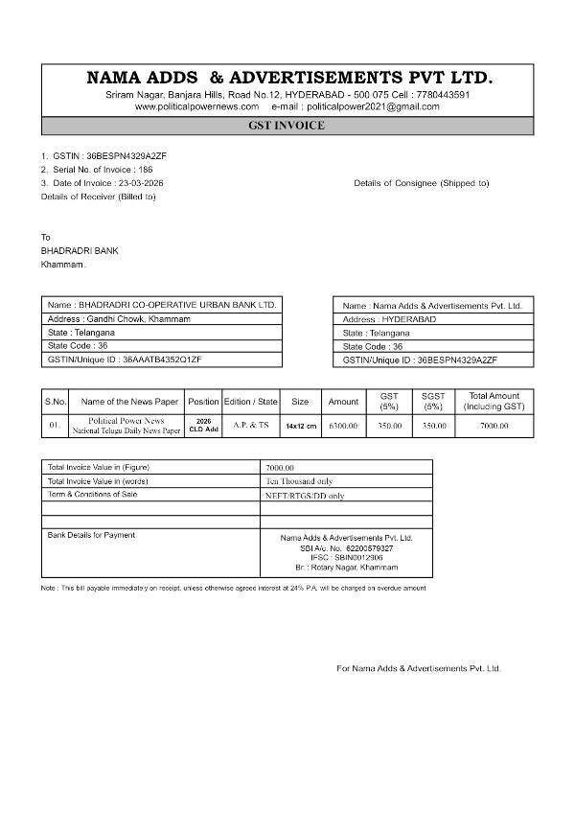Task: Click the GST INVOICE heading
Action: tap(287, 126)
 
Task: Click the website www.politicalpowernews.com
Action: tap(196, 106)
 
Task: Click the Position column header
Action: tap(203, 402)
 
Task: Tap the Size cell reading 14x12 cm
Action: tap(300, 425)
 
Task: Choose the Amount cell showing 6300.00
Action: tap(343, 425)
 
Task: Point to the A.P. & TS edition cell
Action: tap(251, 424)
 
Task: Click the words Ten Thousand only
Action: tap(299, 480)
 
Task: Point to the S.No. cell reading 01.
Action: tap(55, 425)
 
